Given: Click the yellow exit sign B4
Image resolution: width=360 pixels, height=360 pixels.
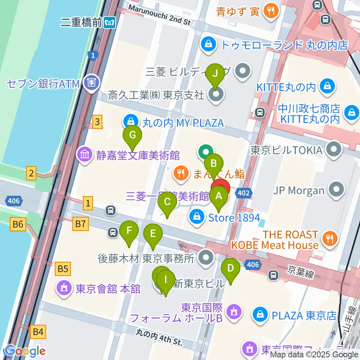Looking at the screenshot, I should [x=38, y=331].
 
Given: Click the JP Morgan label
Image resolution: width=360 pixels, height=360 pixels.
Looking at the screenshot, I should [x=298, y=190].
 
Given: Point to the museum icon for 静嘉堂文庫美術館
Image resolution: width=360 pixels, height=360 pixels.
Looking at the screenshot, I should [x=83, y=154].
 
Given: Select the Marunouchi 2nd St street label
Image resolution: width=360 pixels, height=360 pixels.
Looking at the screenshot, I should [x=159, y=14].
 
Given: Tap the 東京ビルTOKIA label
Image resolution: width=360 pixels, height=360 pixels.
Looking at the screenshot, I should [x=286, y=150].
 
